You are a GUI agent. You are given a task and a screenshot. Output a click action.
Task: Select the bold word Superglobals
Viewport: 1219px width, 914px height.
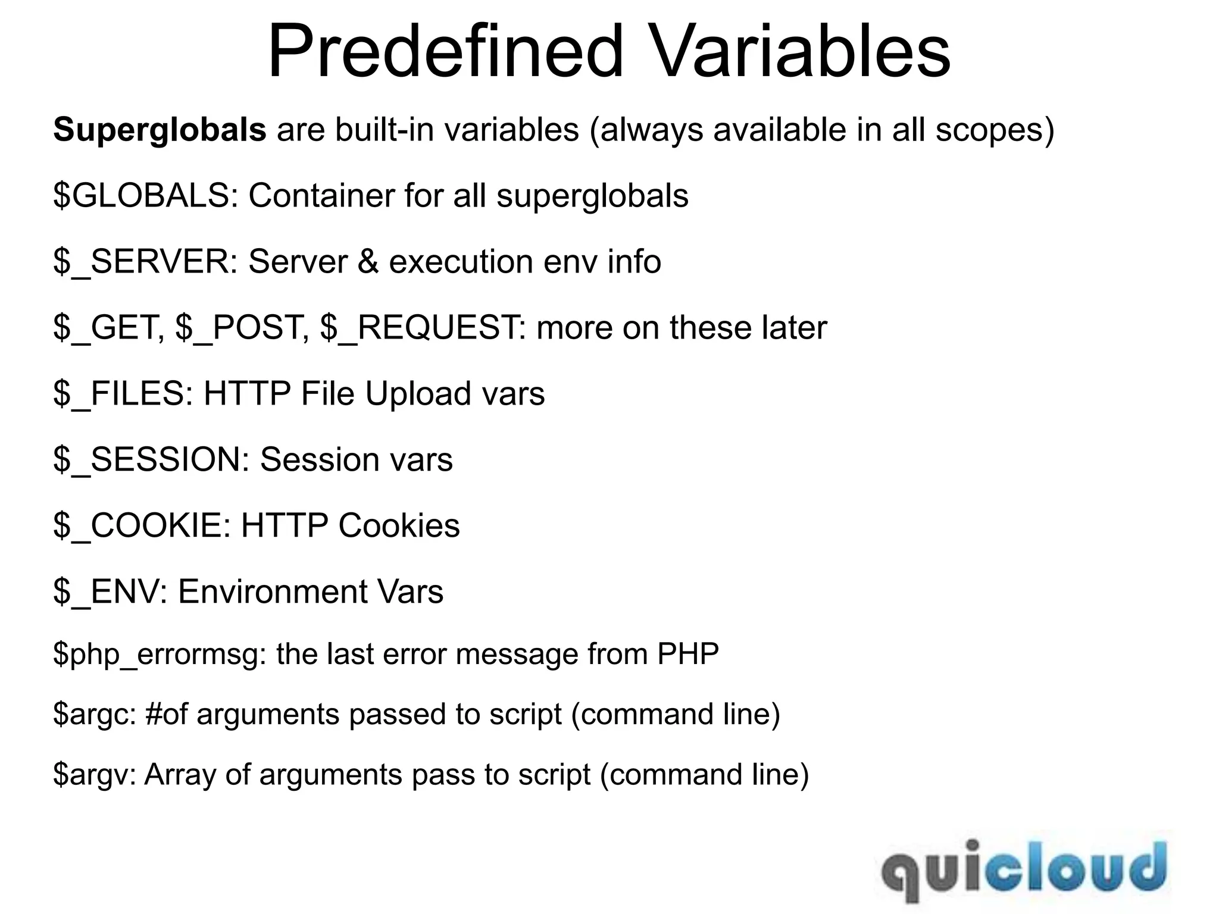[x=160, y=130]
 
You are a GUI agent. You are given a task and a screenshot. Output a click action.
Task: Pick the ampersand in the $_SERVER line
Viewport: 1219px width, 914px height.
[x=368, y=262]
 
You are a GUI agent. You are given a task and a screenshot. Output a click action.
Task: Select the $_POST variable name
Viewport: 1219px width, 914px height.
[x=242, y=328]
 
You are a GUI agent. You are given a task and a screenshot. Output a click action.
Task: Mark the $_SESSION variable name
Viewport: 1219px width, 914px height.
[x=151, y=460]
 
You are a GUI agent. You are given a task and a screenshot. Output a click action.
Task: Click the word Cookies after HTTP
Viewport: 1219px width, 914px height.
[x=399, y=526]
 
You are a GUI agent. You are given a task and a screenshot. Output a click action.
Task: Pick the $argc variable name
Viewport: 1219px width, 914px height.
[x=95, y=715]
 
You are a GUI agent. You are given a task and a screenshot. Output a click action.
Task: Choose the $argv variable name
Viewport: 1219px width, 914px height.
[x=95, y=775]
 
